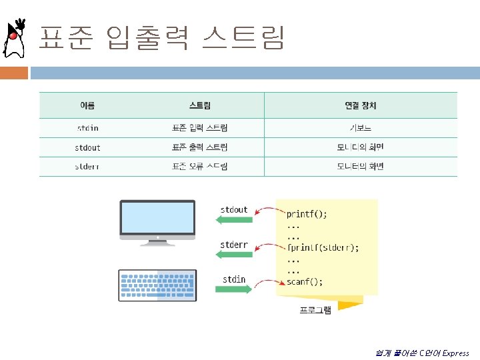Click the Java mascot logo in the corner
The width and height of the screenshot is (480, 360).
[x=15, y=39]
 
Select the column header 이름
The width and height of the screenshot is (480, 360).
[x=87, y=105]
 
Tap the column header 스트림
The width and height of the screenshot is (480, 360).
[x=200, y=105]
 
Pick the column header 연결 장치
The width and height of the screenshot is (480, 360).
[x=361, y=105]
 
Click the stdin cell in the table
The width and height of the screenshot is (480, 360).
[x=87, y=128]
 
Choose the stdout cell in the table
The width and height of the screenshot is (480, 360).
[x=87, y=147]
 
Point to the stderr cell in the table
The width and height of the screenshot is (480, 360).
[x=87, y=167]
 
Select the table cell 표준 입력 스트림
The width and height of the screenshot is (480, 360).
[x=200, y=128]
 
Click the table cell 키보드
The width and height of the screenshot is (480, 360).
[x=361, y=128]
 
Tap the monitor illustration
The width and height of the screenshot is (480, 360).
[x=157, y=221]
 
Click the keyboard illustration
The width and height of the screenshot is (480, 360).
[x=157, y=285]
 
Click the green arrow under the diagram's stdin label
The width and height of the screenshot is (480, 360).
[x=233, y=290]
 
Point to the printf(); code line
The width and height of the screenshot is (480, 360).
[x=307, y=215]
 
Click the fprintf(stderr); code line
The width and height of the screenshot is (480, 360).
[x=323, y=248]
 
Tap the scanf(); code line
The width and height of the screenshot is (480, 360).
[x=305, y=282]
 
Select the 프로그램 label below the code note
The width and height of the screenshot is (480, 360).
[x=315, y=310]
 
